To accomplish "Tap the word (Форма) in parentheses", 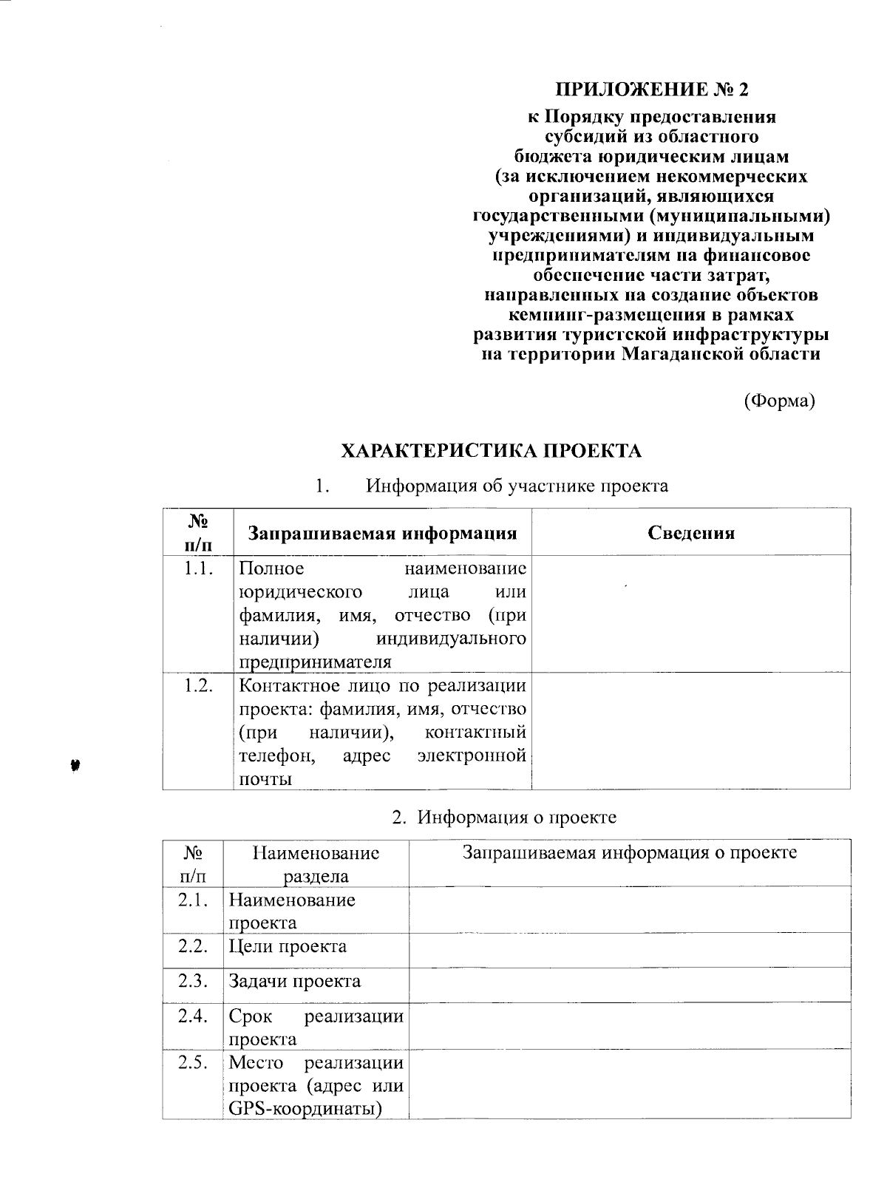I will [x=778, y=401].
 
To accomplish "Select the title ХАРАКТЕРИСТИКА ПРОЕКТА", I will [x=492, y=451].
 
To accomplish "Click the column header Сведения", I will [x=690, y=533].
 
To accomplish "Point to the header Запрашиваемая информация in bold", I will [x=381, y=533].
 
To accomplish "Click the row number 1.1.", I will [x=198, y=568].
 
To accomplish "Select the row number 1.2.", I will [x=198, y=685].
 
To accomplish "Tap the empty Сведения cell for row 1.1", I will [x=690, y=614].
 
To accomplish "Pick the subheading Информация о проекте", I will [x=516, y=818].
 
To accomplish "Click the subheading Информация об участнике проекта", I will [x=517, y=486].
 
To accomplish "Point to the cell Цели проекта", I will [x=288, y=947].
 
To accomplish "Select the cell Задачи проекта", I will [x=294, y=982].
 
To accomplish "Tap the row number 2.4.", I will [x=192, y=1016].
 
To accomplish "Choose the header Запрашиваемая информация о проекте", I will [x=629, y=852].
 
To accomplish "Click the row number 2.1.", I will [x=192, y=900].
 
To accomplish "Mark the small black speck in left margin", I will [x=75, y=765].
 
